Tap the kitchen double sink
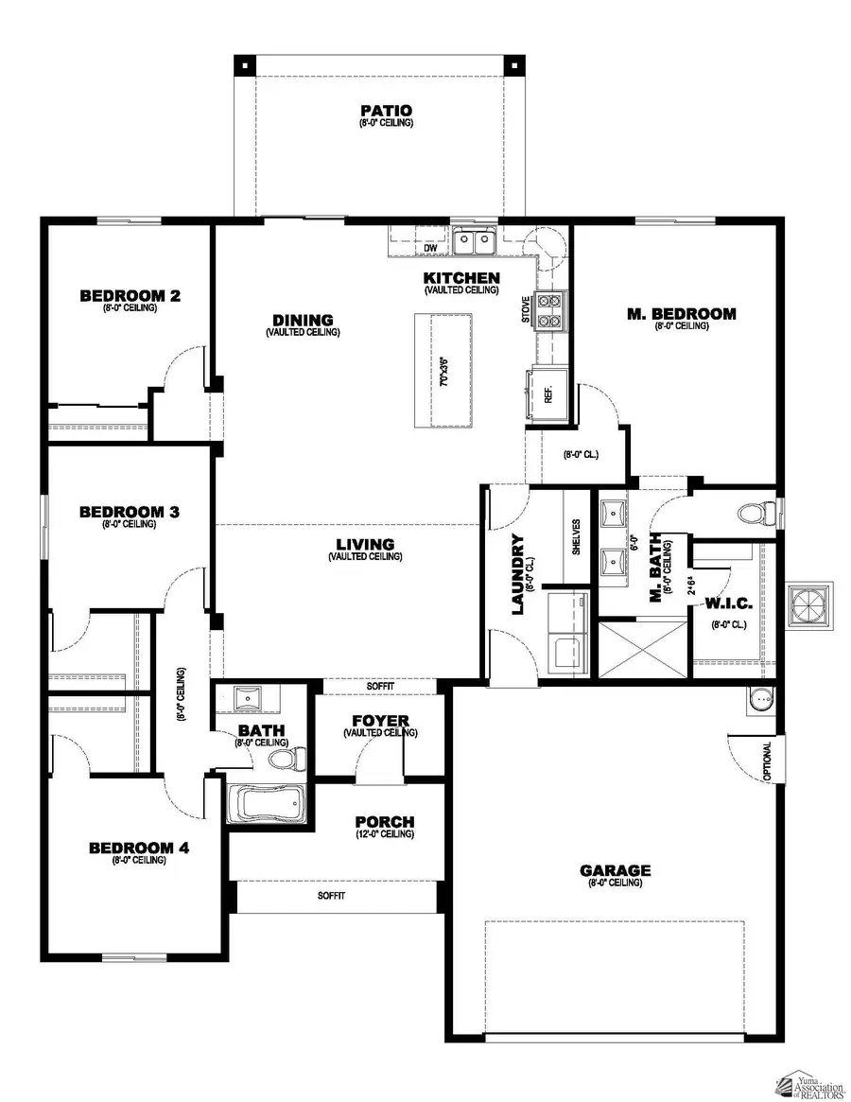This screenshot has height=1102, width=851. (474, 243)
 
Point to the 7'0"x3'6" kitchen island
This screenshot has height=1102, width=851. (446, 371)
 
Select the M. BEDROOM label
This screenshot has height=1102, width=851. (681, 314)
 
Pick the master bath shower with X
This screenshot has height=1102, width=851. (642, 648)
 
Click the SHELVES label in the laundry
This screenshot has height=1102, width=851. (576, 537)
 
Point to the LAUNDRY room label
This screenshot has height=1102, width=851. (518, 574)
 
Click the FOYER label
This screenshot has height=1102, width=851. (380, 722)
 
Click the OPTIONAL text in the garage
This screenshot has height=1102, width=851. (767, 761)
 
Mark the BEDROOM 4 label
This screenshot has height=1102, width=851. (139, 848)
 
